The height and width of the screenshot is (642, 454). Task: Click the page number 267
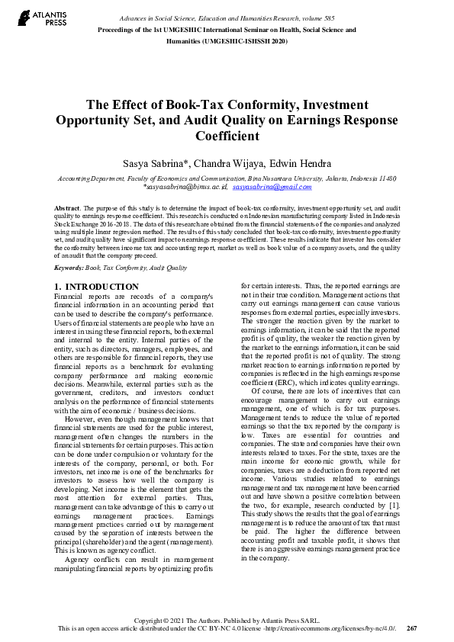(412, 628)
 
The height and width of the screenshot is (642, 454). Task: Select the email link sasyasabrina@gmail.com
(262, 187)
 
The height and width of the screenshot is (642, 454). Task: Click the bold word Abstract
(67, 208)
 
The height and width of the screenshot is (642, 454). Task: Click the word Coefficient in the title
(227, 136)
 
